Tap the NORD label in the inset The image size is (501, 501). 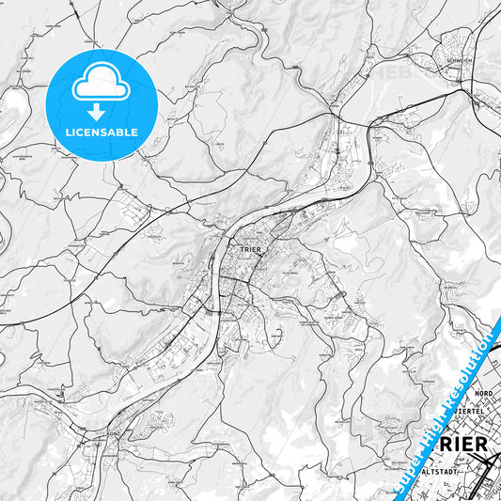point(483,392)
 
